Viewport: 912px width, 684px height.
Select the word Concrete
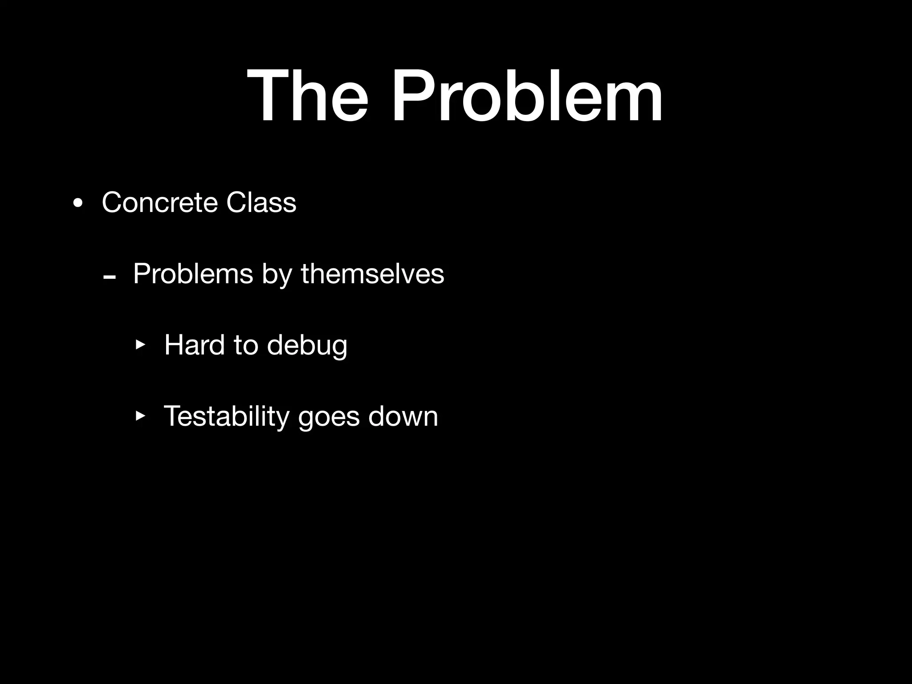pyautogui.click(x=159, y=203)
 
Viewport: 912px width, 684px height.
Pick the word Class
pyautogui.click(x=261, y=203)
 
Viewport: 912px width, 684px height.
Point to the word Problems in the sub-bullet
pyautogui.click(x=193, y=274)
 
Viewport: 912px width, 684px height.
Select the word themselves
pyautogui.click(x=372, y=274)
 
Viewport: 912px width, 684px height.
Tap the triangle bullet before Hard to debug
pyautogui.click(x=140, y=345)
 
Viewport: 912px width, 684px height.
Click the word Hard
pyautogui.click(x=194, y=345)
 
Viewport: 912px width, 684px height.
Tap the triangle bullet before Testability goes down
pyautogui.click(x=140, y=416)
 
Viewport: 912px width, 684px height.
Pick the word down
pyautogui.click(x=403, y=416)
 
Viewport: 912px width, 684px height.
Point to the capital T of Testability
pyautogui.click(x=172, y=416)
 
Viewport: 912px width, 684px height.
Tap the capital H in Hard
pyautogui.click(x=174, y=345)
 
